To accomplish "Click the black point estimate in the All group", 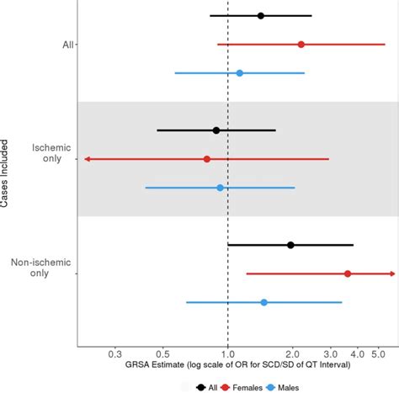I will (x=260, y=16).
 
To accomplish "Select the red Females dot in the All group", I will (x=301, y=44).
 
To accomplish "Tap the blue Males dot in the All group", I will (x=239, y=73).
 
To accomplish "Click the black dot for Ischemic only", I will (x=216, y=130).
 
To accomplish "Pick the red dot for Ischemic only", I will (x=206, y=159).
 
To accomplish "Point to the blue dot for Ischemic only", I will (x=220, y=188).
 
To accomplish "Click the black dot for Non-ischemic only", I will (x=290, y=245).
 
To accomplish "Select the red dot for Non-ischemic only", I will (x=347, y=274).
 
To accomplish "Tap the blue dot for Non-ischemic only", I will (x=263, y=302).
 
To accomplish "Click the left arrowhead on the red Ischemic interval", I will (x=87, y=159).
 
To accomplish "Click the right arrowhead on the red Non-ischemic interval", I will (x=391, y=274).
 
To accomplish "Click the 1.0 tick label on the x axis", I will (x=227, y=354).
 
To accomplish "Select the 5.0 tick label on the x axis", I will (x=377, y=354).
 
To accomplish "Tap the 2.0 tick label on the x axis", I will (x=291, y=354).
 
